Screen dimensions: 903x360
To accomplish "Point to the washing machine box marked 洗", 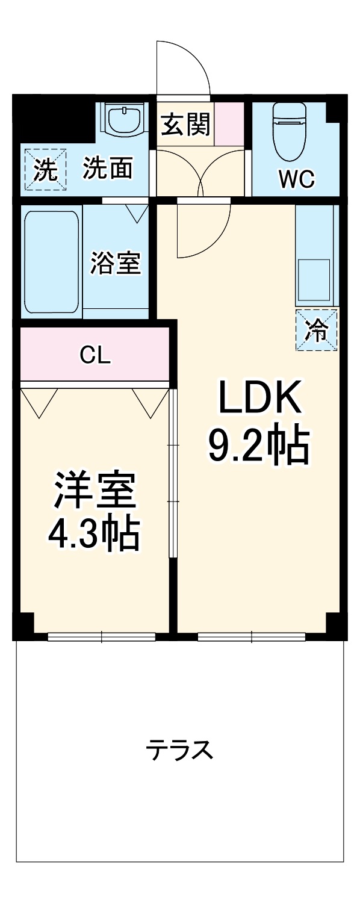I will tap(42, 170).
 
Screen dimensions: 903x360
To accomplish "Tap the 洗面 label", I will tap(108, 169).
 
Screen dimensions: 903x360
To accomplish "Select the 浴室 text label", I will tap(116, 263).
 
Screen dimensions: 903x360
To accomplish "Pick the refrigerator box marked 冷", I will tap(317, 329).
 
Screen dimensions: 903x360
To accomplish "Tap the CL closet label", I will tap(95, 356).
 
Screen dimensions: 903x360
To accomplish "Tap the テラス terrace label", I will tap(179, 750).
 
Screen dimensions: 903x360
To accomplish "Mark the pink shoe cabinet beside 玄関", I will tap(229, 123).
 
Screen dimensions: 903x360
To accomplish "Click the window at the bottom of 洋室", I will tap(101, 636).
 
